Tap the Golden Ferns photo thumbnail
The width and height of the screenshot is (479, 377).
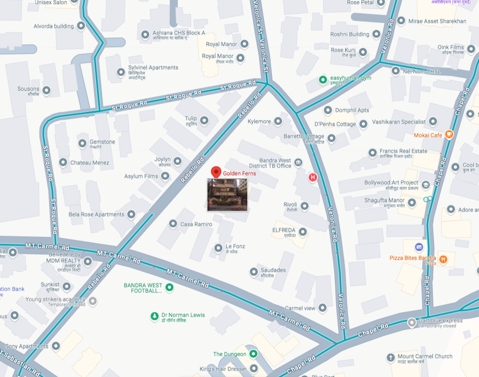[x=227, y=195]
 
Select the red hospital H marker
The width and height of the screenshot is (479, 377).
[x=313, y=178]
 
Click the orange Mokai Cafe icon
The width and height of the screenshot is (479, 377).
[x=449, y=135]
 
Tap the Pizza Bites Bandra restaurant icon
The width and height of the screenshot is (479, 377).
[x=443, y=259]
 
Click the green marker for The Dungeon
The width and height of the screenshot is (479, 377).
[x=253, y=354]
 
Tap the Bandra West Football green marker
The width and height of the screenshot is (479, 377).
[x=169, y=287]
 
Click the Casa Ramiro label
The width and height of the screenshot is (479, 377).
[x=196, y=224]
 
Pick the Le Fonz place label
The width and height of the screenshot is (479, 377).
[x=235, y=246]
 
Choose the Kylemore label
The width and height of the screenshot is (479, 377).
[x=259, y=122]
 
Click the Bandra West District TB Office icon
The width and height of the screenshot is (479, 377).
[x=298, y=162]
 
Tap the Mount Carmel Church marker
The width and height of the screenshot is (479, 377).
[x=391, y=358]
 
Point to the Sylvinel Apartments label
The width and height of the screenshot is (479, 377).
[x=154, y=68]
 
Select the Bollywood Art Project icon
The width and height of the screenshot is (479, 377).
[x=426, y=184]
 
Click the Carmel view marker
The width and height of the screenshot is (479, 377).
[x=322, y=308]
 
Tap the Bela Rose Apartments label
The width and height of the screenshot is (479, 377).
[x=97, y=215]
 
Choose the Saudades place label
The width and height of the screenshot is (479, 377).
[x=273, y=270]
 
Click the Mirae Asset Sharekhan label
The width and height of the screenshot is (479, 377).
[x=437, y=21]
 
